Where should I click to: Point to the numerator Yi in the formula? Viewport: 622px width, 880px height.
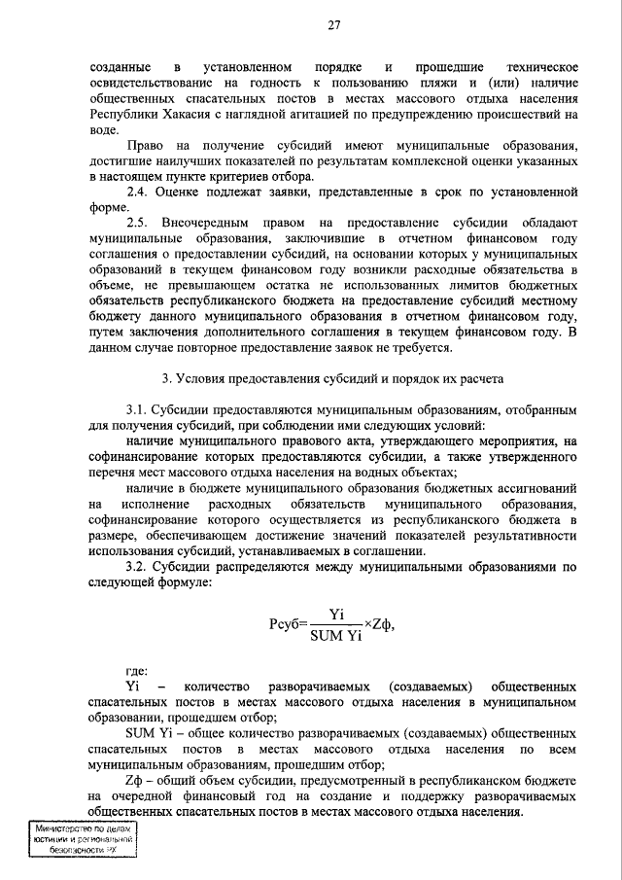338,614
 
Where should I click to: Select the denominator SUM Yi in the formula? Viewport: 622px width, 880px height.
337,636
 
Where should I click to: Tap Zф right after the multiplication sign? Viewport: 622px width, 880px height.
383,623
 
